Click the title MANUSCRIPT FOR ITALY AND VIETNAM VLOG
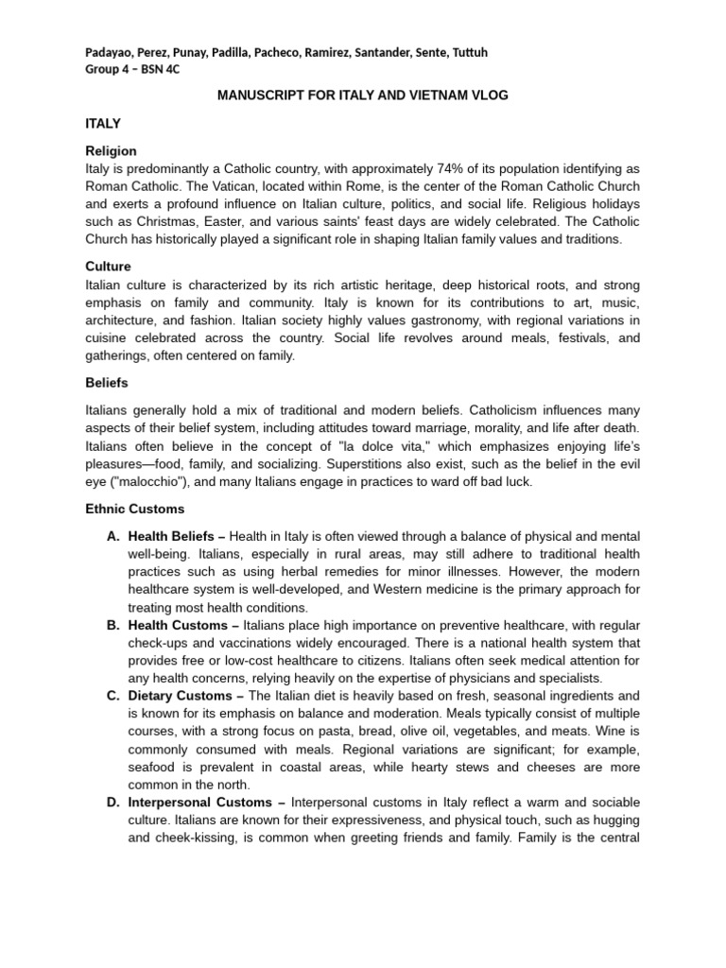click(x=362, y=95)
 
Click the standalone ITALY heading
click(x=103, y=124)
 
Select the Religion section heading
click(x=111, y=151)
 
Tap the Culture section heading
click(x=108, y=267)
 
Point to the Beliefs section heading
click(x=107, y=383)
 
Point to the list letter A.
click(x=112, y=536)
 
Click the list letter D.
click(x=112, y=804)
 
